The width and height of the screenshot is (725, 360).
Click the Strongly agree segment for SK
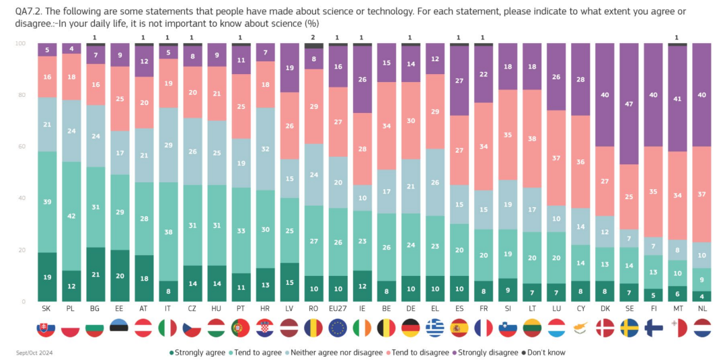[x=47, y=277]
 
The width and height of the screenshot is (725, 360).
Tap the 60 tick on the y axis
[x=21, y=146]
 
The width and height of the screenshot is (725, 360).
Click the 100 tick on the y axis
[x=20, y=44]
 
